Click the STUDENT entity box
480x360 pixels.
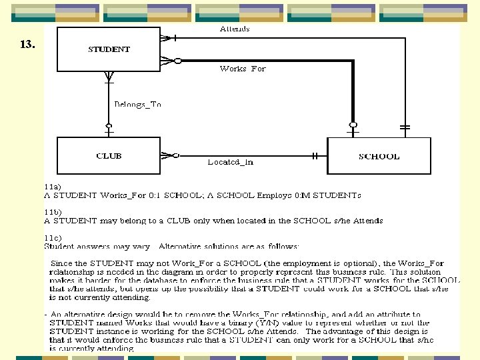(109, 49)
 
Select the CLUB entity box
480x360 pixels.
(109, 156)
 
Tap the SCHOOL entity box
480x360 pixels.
(379, 157)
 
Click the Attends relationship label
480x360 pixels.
(235, 29)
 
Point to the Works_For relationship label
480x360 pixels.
(243, 69)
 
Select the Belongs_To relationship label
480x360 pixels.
(137, 105)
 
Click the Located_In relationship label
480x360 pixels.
(230, 161)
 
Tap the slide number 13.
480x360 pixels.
(27, 45)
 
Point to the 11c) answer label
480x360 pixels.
(53, 237)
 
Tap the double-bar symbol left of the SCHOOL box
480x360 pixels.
(315, 156)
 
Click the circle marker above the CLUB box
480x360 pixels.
(109, 125)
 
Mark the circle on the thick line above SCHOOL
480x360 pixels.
(353, 125)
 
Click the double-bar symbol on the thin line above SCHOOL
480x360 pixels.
(405, 126)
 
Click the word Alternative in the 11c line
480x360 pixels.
(182, 247)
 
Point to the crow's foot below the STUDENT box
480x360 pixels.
(109, 79)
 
